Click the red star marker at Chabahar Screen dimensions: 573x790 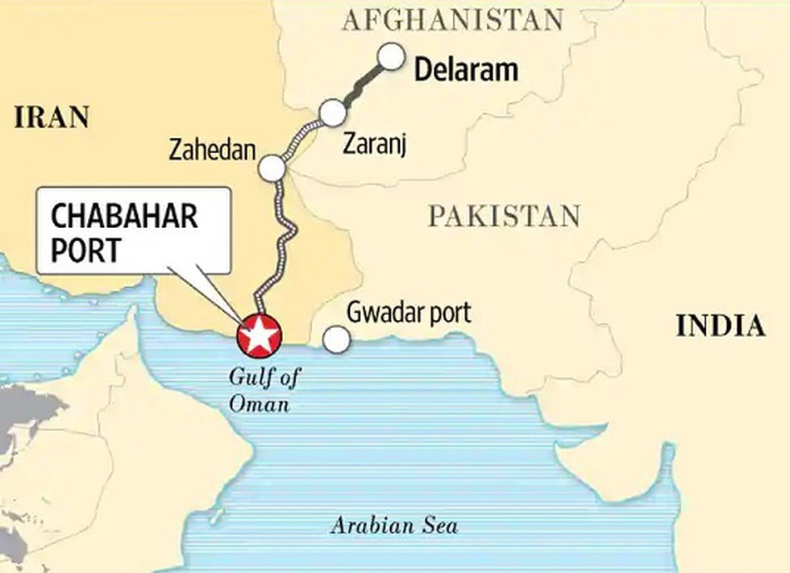(258, 336)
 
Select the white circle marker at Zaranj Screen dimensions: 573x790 (332, 113)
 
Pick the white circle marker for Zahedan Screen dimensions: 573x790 (272, 168)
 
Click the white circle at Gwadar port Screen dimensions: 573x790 (337, 340)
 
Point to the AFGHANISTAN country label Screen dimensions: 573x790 (452, 19)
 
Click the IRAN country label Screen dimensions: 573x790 (51, 118)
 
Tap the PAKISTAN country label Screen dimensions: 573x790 (504, 216)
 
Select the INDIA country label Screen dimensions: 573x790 (719, 326)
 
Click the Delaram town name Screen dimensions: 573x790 (465, 71)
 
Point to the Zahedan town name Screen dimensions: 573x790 (212, 150)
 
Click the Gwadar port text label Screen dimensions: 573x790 (409, 313)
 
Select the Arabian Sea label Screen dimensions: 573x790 (394, 526)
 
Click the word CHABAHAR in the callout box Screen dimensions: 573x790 (124, 217)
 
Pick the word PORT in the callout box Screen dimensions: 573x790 (85, 249)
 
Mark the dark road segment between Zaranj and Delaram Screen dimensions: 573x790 (361, 85)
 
